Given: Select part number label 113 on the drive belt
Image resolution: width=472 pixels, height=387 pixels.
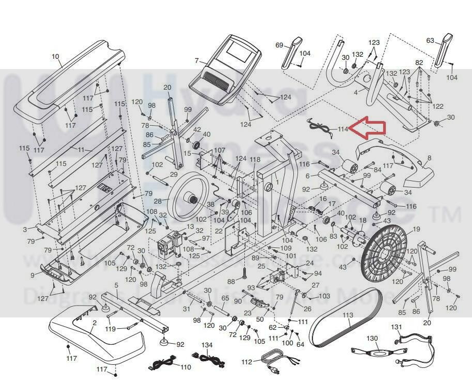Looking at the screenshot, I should [348, 315].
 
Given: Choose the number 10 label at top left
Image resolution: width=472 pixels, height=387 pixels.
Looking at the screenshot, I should [56, 57].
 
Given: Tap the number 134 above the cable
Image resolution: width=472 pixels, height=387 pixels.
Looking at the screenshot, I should [207, 345].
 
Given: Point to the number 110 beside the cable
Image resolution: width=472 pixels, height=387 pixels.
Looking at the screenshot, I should [185, 367].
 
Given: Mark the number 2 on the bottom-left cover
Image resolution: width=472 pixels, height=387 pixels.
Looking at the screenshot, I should [94, 324].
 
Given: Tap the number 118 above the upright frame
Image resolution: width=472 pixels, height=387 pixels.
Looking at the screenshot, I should [255, 160].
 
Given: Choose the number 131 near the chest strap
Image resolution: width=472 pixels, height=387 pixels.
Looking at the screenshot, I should [396, 327].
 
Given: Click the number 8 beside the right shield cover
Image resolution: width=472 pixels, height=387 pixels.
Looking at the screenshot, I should [429, 158].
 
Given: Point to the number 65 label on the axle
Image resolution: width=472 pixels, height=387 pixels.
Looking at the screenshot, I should [225, 298].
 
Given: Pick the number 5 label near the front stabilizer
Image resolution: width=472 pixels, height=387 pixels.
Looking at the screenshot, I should [116, 285].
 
